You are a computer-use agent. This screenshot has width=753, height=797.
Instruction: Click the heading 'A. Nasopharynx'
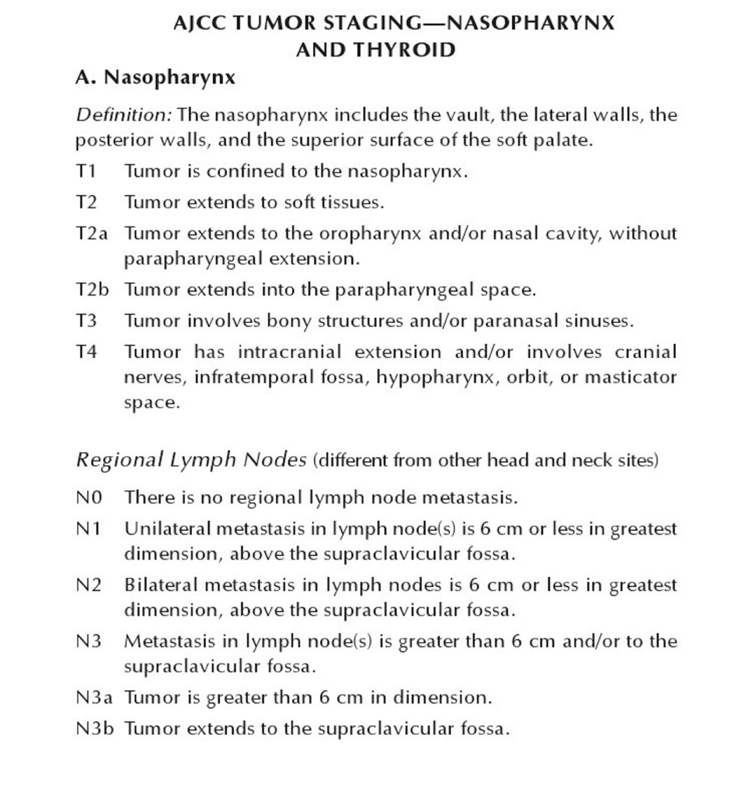point(155,77)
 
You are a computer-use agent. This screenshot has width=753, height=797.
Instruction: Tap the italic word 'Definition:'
point(124,115)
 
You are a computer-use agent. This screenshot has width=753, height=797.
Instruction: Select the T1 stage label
point(86,171)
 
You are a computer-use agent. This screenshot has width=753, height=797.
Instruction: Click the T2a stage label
point(92,233)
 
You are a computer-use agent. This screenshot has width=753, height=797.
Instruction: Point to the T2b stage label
point(92,289)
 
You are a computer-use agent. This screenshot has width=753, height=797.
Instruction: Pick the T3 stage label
point(87,321)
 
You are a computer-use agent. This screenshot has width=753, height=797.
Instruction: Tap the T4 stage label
point(87,352)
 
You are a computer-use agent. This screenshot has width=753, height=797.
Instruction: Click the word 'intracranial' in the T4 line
point(289,352)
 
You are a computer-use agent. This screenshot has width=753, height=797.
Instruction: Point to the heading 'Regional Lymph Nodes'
point(191,459)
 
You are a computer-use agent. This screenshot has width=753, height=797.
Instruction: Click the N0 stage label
point(89,497)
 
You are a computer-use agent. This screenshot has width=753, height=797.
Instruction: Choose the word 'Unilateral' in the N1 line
point(167,529)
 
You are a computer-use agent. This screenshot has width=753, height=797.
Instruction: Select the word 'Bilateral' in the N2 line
point(161,585)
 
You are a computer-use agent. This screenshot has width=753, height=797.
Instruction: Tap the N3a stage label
point(94,697)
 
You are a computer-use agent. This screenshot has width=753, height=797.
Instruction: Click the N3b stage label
point(95,729)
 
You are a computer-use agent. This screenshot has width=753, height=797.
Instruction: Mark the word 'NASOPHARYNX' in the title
point(530,23)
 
